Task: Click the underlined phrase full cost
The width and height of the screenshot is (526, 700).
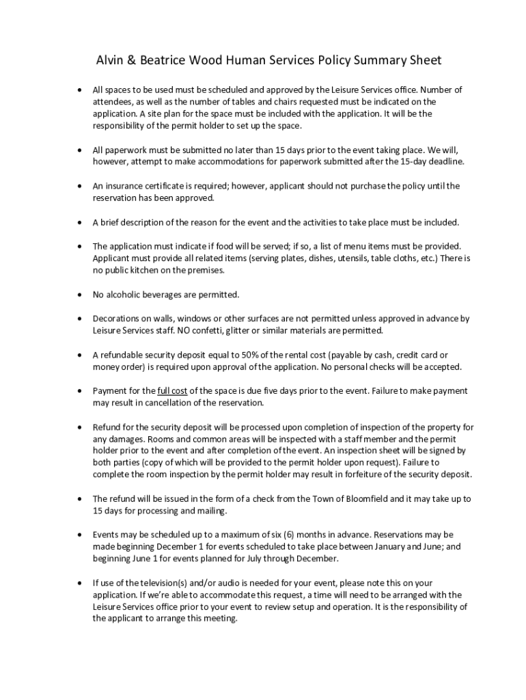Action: (172, 391)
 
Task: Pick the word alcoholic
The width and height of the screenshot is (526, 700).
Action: (127, 295)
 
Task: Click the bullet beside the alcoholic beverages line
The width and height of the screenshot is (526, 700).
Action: (80, 295)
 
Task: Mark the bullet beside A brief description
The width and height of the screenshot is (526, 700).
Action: (80, 222)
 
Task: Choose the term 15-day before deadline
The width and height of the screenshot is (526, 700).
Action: (409, 161)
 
